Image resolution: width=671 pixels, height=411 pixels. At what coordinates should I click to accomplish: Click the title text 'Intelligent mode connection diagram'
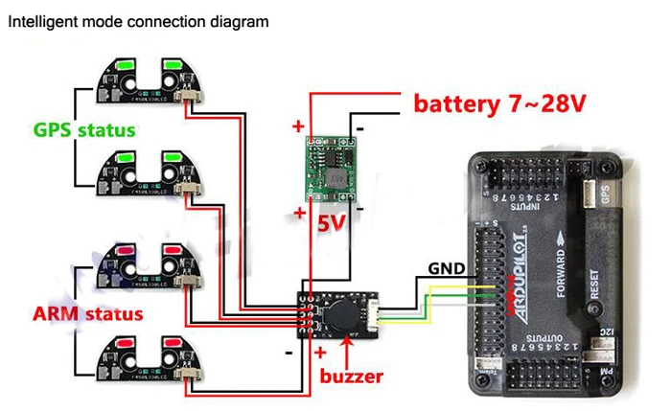point(138,20)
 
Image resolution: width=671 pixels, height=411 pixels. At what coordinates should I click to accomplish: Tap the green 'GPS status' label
point(84,129)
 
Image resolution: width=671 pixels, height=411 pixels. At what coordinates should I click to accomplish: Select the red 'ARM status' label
point(87,313)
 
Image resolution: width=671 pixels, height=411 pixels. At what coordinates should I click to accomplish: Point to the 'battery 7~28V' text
point(498,103)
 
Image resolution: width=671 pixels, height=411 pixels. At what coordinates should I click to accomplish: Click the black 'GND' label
point(448,267)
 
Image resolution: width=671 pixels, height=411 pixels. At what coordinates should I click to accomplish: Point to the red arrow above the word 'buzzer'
point(345,349)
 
